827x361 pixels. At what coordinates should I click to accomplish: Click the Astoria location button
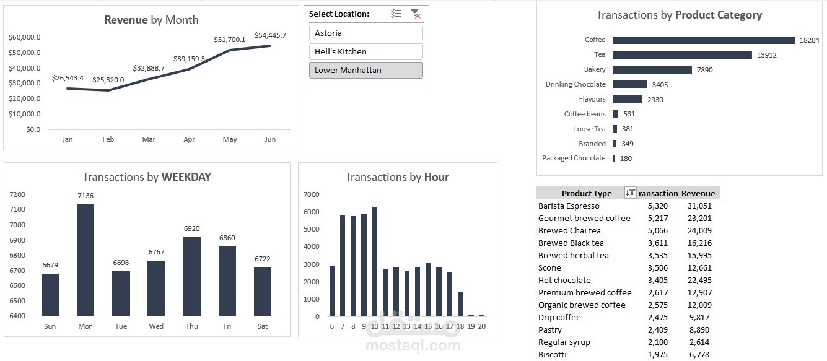click(x=365, y=33)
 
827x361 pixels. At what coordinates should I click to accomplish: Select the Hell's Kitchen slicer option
click(x=365, y=51)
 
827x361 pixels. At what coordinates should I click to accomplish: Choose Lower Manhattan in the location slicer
click(x=365, y=70)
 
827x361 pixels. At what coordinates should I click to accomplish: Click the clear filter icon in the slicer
click(x=415, y=14)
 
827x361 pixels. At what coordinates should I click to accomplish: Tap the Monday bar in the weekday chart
click(x=85, y=260)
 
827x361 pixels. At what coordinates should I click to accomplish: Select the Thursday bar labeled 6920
click(x=191, y=276)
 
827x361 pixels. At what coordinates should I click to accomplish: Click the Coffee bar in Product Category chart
click(x=704, y=40)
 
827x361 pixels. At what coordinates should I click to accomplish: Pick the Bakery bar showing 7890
click(x=652, y=70)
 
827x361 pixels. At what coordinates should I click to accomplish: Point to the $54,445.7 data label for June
click(x=270, y=35)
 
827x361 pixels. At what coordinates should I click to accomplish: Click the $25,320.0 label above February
click(x=108, y=80)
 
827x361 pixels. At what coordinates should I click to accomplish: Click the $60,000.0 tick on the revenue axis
click(x=25, y=37)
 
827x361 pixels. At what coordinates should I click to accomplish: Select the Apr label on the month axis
click(x=189, y=139)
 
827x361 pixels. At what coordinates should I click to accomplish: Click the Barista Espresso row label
click(x=569, y=206)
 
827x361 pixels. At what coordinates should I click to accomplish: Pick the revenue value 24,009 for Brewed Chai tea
click(x=699, y=231)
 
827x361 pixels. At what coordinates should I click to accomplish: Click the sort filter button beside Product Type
click(x=630, y=193)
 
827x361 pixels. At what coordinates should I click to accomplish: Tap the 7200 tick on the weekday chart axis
click(x=18, y=194)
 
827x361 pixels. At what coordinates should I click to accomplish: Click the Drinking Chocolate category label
click(x=575, y=84)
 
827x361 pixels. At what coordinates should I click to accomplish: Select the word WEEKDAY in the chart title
click(x=186, y=177)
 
